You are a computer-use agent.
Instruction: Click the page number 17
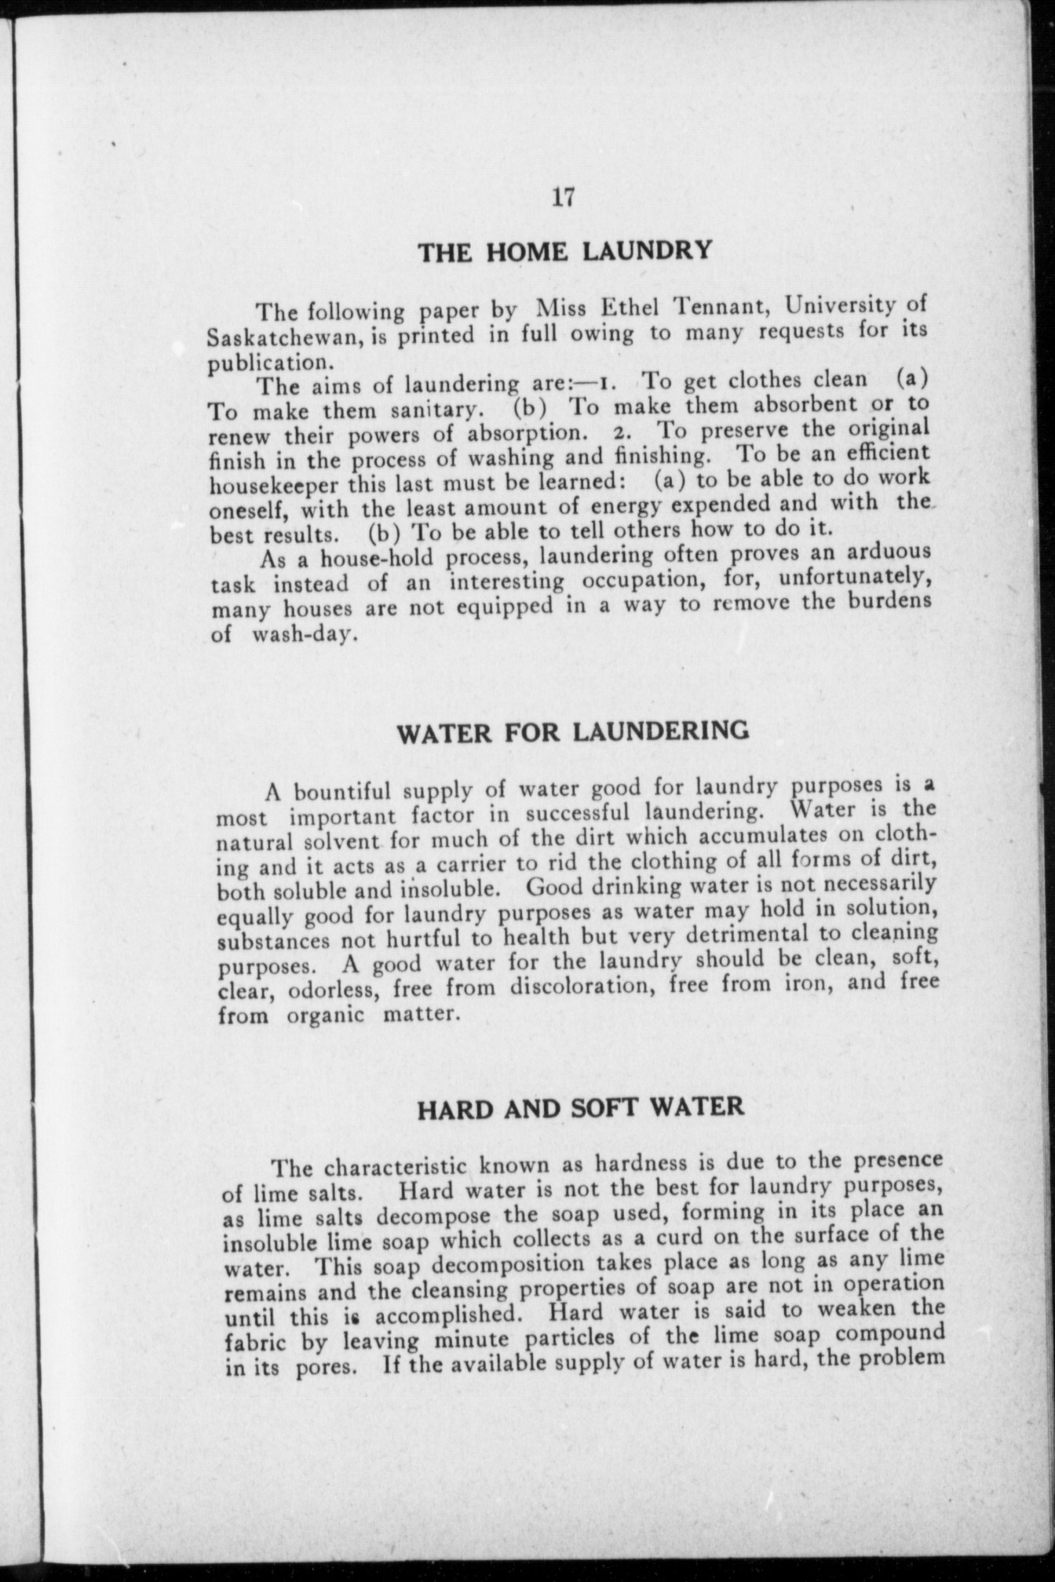point(564,197)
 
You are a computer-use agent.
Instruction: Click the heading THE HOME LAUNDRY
point(564,251)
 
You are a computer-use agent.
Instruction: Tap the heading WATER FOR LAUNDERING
point(573,732)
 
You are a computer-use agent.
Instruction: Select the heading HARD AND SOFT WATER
point(580,1108)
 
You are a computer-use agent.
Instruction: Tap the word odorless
point(323,990)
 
